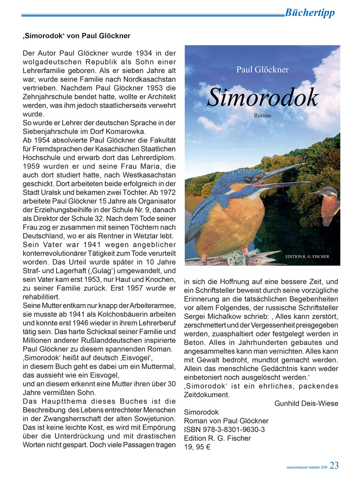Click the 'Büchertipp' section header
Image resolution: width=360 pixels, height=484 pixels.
coord(310,13)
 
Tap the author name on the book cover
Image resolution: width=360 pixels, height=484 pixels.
coord(262,69)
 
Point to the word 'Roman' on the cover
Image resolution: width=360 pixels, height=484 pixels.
coord(262,116)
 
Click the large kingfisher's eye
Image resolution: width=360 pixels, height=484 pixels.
coord(247,180)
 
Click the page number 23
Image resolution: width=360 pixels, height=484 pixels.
coord(334,465)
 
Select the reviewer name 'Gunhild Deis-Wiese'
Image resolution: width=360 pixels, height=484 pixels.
coord(306,404)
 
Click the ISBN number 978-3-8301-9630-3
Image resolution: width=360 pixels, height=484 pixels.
coord(236,430)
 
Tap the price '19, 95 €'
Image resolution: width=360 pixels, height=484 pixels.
coord(197,447)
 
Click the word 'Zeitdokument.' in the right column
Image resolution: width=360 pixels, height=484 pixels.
coord(207,395)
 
